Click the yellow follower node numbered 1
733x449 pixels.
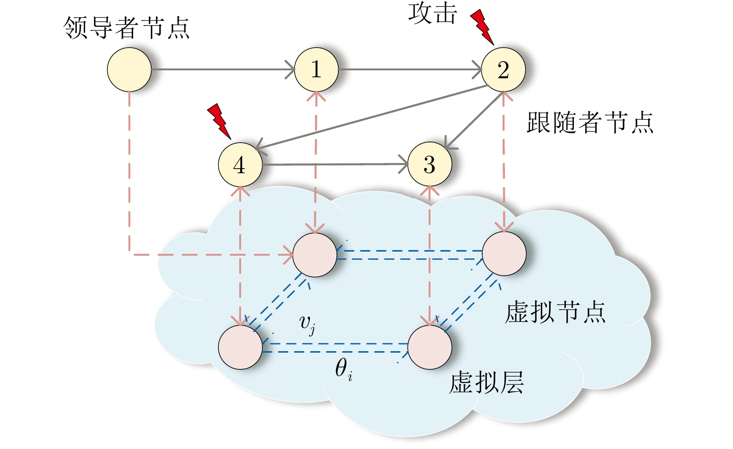click(316, 70)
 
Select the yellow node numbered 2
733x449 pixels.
click(503, 70)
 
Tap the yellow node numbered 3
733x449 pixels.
click(430, 164)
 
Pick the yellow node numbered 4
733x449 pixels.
click(240, 164)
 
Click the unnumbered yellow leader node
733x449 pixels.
click(129, 70)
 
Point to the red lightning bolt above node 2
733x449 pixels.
click(482, 27)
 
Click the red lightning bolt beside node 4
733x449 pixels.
click(219, 120)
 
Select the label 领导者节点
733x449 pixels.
click(127, 28)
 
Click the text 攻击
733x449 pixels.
click(432, 13)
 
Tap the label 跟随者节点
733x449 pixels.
click(590, 123)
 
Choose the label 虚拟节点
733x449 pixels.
click(555, 312)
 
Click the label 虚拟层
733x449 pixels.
click(486, 383)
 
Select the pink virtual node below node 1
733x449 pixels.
click(315, 255)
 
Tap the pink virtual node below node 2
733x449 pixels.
click(504, 254)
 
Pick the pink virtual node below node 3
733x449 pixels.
click(430, 347)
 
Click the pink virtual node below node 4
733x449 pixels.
click(240, 347)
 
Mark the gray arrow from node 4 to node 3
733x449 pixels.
click(335, 164)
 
